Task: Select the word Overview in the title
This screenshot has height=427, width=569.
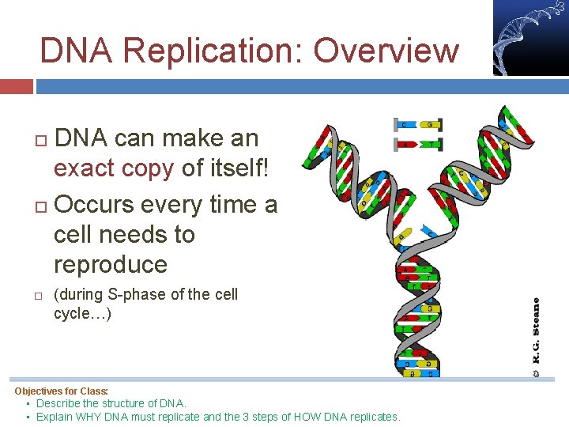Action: pyautogui.click(x=386, y=51)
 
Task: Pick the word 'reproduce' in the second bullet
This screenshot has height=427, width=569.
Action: pyautogui.click(x=111, y=264)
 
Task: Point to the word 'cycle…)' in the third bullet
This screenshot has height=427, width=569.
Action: pyautogui.click(x=82, y=314)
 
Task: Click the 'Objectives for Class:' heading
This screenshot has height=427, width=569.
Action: pyautogui.click(x=62, y=391)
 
